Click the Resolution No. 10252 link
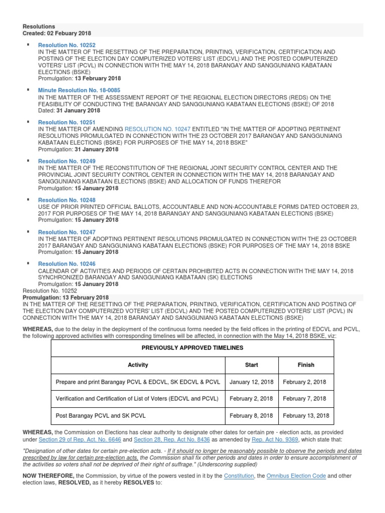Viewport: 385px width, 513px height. tap(67, 45)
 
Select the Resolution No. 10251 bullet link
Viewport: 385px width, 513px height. tap(67, 122)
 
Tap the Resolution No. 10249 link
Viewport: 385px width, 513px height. tap(67, 161)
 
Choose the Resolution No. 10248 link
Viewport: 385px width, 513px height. tap(67, 200)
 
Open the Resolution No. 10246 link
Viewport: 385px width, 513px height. tap(67, 264)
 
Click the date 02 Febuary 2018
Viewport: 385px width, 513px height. tap(69, 33)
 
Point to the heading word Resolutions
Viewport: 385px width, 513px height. tap(39, 26)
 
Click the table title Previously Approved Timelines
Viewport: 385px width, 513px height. tap(192, 348)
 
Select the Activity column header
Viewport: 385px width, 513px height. tap(138, 365)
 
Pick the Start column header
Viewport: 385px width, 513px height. tap(251, 365)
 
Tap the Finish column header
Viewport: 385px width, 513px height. tap(305, 365)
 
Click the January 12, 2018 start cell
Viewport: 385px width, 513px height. tap(251, 382)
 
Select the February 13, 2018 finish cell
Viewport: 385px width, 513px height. tap(306, 416)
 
